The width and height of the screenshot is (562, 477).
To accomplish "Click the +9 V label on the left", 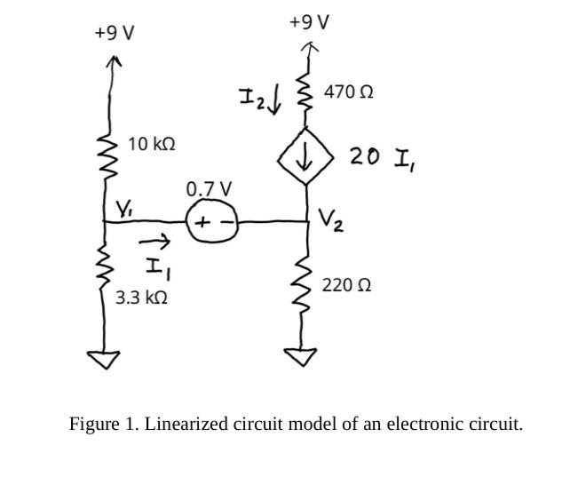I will pos(115,33).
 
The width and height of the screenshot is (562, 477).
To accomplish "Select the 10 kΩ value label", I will pos(151,143).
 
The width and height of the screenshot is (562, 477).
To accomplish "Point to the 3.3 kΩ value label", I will pos(142,298).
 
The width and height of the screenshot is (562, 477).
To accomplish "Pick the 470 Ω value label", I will pos(348,91).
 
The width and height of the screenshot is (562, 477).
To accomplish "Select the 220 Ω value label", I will pos(346,285).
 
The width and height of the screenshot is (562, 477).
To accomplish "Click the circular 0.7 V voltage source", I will pos(212,222).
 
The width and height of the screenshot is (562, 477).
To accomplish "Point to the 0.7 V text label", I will pos(210,189).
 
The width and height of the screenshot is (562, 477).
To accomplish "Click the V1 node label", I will pos(123,210).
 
